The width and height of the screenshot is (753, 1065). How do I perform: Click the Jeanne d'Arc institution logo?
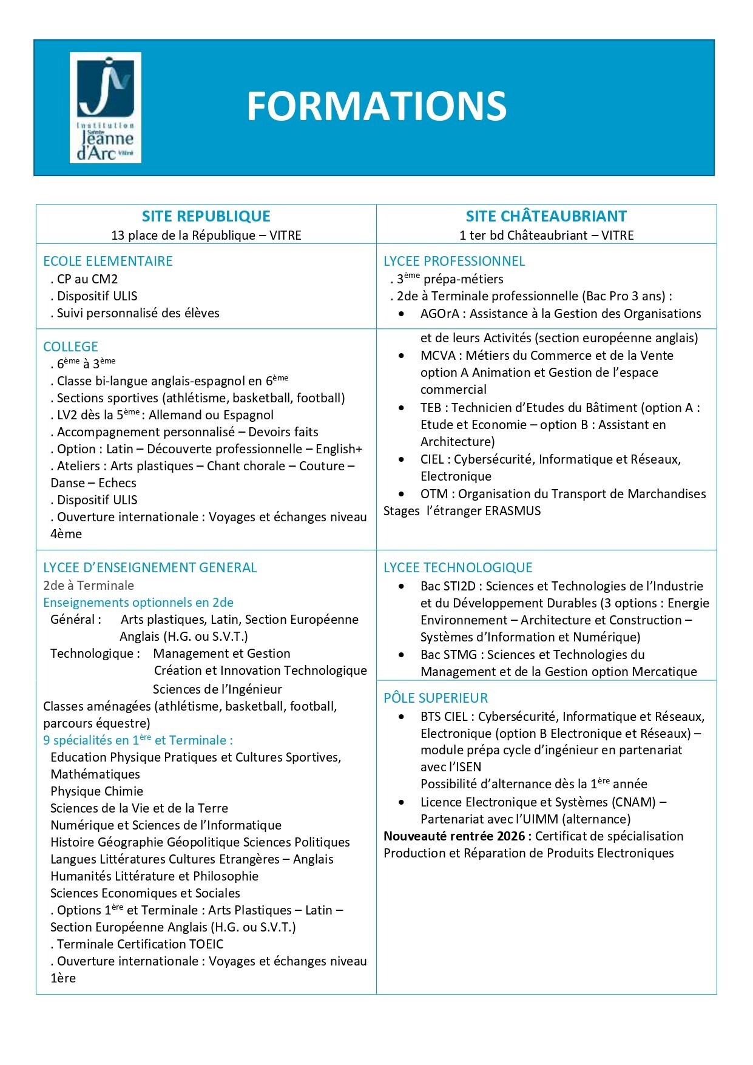click(106, 107)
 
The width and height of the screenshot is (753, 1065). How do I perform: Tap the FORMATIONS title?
click(376, 106)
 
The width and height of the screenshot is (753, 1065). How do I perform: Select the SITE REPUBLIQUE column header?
click(206, 216)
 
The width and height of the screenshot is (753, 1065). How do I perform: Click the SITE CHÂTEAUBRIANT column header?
click(546, 216)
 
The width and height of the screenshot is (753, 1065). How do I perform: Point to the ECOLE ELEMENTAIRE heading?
click(108, 261)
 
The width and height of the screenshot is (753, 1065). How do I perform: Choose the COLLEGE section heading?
click(70, 347)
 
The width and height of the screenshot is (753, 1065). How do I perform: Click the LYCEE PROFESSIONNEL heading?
click(454, 261)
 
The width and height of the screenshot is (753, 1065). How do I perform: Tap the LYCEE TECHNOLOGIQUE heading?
click(458, 567)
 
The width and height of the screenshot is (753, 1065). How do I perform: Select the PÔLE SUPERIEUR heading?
click(436, 698)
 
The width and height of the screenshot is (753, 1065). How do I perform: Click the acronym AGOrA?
click(440, 314)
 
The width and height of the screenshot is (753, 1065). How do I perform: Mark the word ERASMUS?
click(513, 511)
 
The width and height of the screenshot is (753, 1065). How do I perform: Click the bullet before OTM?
click(402, 494)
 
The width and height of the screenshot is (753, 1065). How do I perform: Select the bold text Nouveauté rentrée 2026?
click(457, 836)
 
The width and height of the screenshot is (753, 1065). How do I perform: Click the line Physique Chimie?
click(96, 791)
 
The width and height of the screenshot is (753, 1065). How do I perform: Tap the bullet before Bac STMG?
click(402, 655)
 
